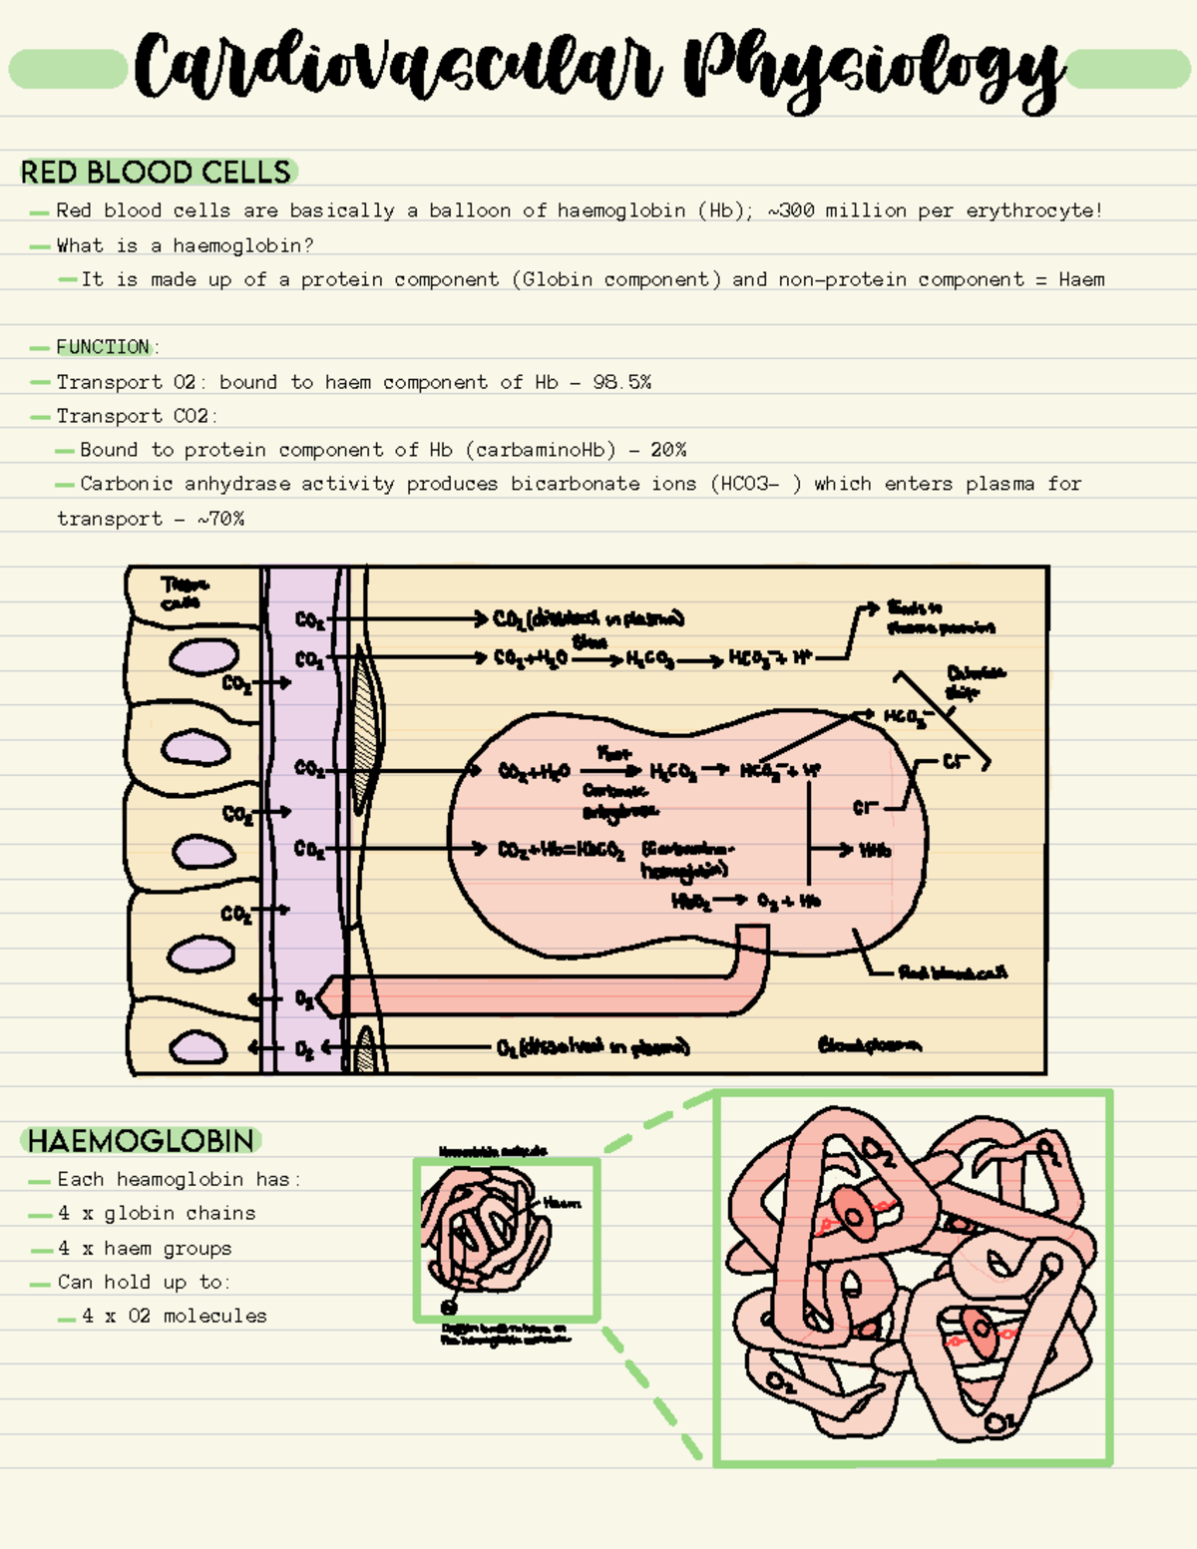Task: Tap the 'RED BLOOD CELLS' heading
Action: coord(156,173)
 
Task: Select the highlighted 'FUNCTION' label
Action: coord(103,347)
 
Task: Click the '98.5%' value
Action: coord(621,382)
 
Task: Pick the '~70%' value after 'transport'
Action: coord(220,519)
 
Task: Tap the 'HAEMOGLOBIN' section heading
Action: coord(141,1141)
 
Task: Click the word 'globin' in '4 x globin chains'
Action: coord(139,1214)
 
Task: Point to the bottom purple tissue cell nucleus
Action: coord(198,1047)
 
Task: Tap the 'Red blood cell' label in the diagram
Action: coord(952,972)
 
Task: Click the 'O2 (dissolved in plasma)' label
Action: coord(593,1047)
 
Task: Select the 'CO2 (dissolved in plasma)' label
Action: coord(589,619)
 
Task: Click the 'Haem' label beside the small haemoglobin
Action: coord(562,1203)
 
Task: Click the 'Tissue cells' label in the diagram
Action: coord(184,592)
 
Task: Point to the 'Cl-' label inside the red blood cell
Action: coord(865,807)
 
